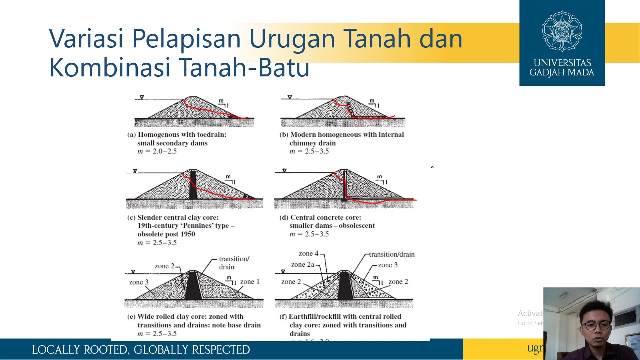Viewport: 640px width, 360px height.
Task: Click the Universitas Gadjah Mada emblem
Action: point(562,31)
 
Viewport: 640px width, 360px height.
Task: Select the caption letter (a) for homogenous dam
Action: point(132,135)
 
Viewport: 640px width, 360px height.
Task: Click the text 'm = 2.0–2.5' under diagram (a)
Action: point(157,151)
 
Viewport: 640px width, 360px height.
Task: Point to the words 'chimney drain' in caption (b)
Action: point(312,143)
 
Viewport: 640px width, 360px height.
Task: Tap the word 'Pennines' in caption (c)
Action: point(197,226)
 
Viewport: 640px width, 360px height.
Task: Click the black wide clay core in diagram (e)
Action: point(193,286)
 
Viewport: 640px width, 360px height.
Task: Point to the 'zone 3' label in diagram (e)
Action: point(139,282)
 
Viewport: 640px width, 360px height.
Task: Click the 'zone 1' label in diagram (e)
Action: point(250,282)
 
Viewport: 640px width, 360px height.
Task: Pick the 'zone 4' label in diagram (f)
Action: point(308,254)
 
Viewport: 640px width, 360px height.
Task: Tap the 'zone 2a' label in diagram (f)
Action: point(302,265)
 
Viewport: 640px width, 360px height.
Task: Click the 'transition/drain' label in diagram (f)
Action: point(392,254)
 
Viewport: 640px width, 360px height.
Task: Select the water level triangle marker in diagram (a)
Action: point(142,97)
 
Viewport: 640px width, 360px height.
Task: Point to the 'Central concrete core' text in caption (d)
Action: point(325,218)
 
